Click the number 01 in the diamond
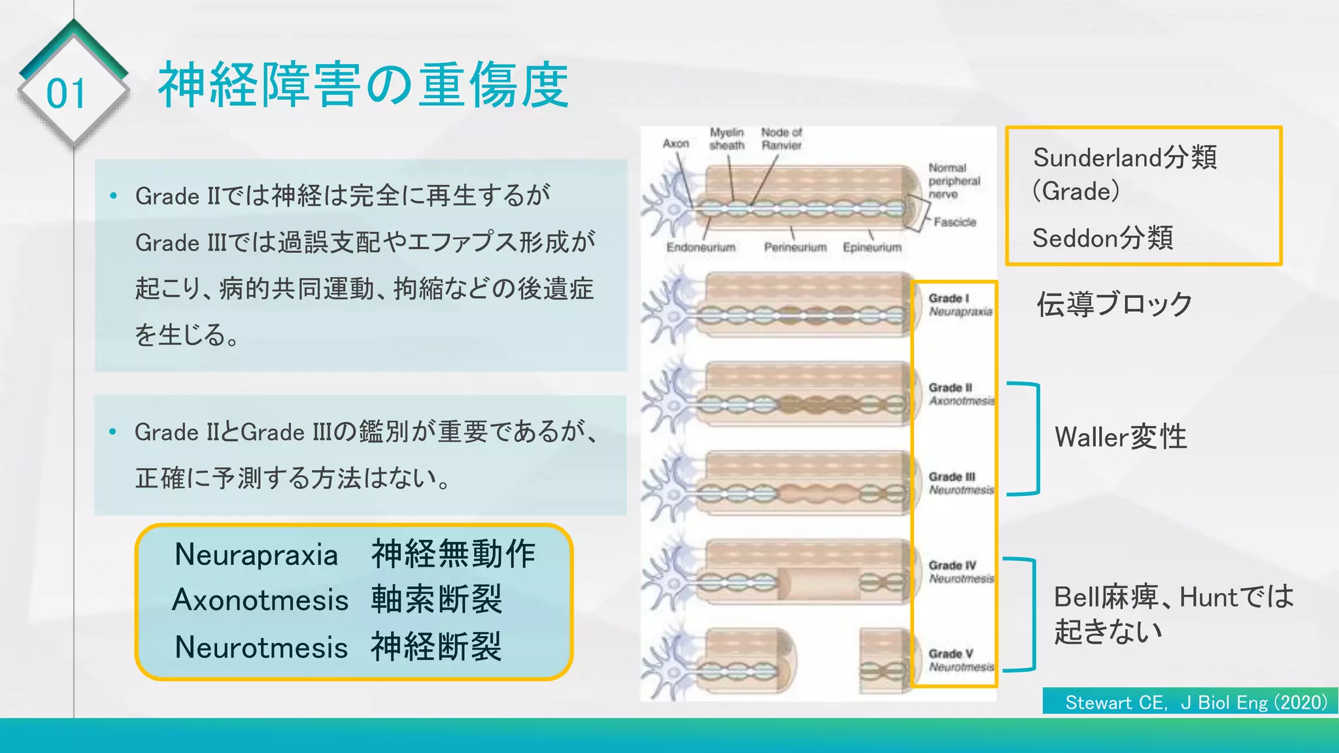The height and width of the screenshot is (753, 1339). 66,94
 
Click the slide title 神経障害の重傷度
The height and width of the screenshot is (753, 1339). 364,85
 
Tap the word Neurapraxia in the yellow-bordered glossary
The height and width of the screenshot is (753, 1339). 256,555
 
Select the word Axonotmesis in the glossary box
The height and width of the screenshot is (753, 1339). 260,600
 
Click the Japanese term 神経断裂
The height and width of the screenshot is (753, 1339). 436,647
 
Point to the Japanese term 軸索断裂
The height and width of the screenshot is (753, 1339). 436,600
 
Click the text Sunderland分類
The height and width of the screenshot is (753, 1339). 1125,158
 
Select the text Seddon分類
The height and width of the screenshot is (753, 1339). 1102,238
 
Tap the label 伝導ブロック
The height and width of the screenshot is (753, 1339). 1115,305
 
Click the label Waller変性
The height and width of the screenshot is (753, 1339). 1121,437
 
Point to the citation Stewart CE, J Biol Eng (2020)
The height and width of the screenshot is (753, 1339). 1196,703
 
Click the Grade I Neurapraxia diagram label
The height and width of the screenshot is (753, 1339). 960,305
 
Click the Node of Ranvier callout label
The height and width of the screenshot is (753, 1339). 781,139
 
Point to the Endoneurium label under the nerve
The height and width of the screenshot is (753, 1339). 701,248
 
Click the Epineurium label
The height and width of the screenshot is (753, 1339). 872,248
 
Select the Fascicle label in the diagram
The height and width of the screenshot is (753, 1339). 955,222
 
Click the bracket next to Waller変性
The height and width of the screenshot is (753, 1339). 1036,438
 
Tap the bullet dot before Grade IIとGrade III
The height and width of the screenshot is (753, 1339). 113,431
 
